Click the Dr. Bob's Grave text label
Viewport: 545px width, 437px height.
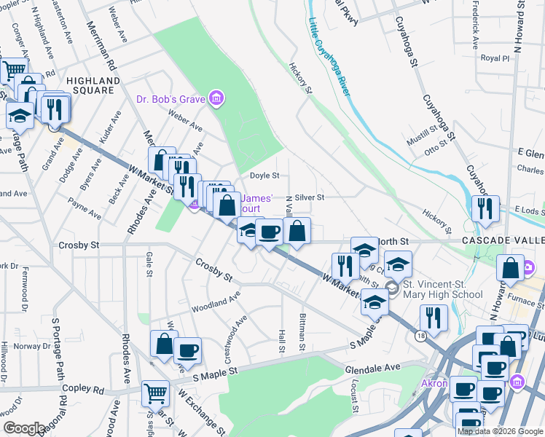tap(171, 98)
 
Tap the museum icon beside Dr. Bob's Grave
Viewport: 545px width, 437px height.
tap(216, 98)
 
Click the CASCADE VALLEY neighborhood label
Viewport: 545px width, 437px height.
tap(502, 240)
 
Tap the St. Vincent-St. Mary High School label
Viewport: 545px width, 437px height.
tap(443, 289)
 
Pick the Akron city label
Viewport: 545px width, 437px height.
tap(434, 383)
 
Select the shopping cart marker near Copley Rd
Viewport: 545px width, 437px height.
tap(154, 393)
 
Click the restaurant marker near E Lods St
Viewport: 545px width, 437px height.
tap(485, 208)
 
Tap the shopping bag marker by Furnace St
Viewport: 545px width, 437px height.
tap(511, 268)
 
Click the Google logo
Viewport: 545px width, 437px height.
tap(24, 428)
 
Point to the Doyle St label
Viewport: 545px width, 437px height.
tap(264, 176)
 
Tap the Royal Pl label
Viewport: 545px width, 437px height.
tap(492, 58)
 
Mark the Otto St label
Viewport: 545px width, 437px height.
tap(435, 147)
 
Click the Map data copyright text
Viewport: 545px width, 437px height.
tap(500, 431)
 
